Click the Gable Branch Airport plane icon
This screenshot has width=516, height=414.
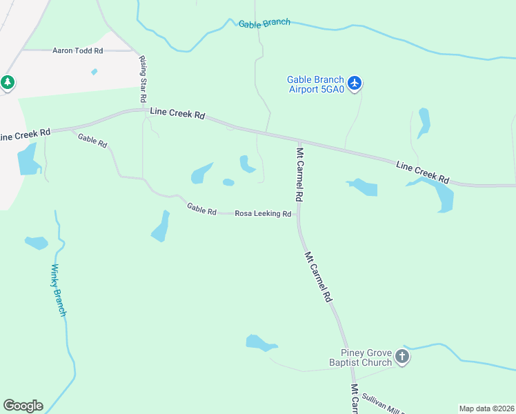(355, 83)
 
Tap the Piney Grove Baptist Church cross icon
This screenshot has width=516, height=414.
(401, 357)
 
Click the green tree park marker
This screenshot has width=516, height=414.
(8, 83)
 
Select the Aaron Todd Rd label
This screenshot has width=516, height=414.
(77, 50)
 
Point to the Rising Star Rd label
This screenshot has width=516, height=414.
(146, 80)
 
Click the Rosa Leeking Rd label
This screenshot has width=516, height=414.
(263, 214)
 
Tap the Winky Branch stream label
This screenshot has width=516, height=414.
(59, 290)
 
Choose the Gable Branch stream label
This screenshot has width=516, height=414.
(264, 23)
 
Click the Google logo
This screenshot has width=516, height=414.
(23, 406)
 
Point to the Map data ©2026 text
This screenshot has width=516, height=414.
(487, 408)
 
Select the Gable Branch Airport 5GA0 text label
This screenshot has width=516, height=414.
(315, 83)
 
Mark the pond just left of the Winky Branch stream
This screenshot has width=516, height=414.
(36, 242)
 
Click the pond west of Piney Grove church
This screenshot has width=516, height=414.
(260, 342)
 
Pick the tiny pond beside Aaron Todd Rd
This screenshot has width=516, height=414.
(94, 71)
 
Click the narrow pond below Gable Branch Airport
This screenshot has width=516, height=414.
(423, 121)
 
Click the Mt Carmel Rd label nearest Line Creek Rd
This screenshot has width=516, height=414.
(299, 172)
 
